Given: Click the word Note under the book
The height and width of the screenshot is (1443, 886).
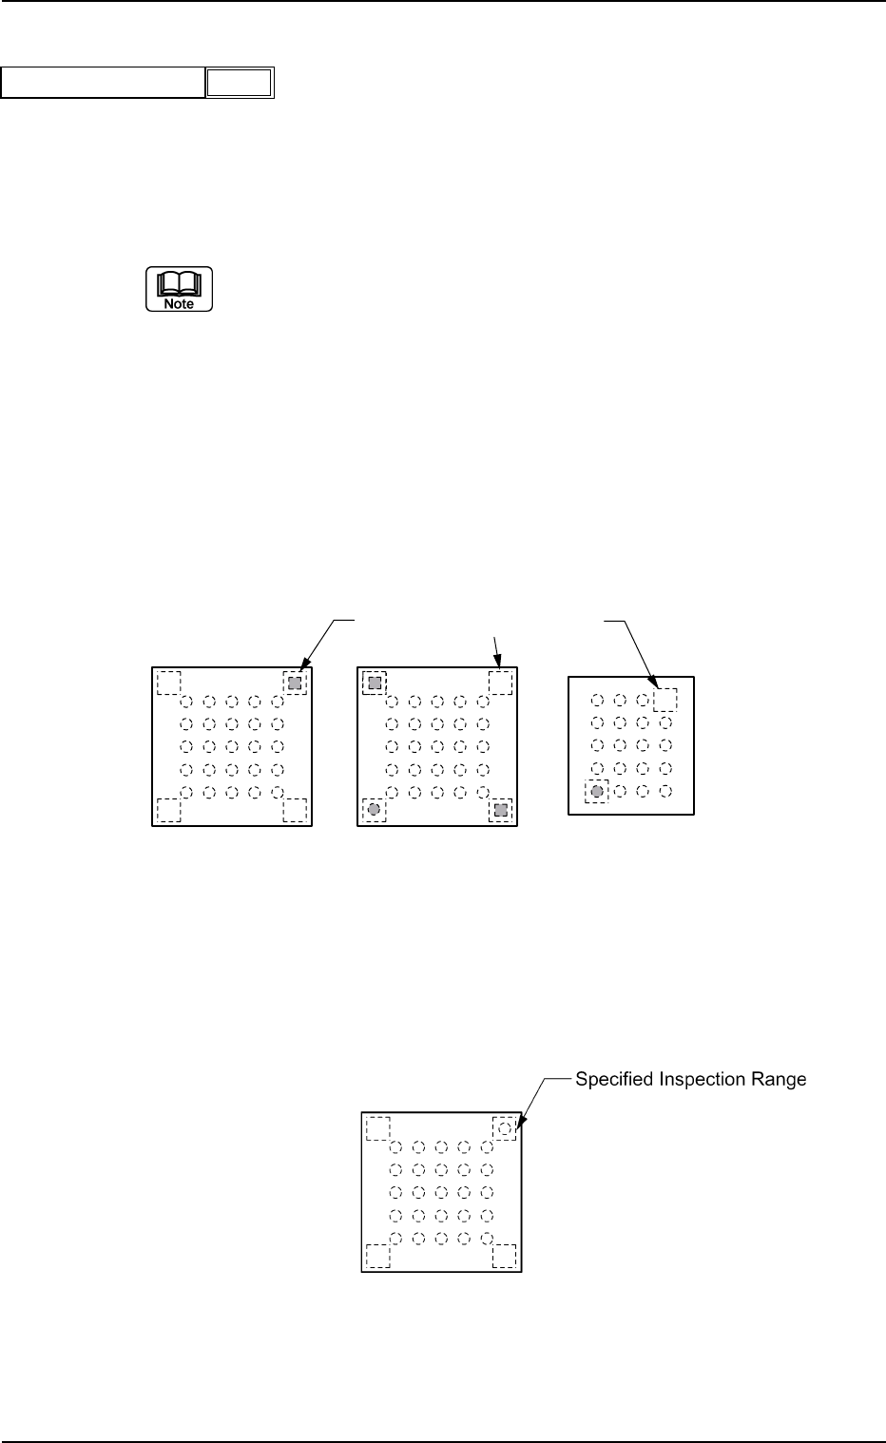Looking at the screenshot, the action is (179, 303).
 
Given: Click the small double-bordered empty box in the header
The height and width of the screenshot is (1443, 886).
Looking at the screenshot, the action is (240, 84).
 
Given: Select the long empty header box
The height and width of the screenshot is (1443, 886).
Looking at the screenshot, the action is (104, 84).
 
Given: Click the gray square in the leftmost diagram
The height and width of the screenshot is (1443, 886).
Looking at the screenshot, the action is (295, 683).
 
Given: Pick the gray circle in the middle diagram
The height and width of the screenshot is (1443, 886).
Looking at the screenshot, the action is (374, 809).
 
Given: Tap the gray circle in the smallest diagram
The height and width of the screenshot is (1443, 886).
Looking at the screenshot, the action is (597, 791).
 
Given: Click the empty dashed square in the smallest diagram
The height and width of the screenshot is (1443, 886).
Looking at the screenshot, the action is (665, 700).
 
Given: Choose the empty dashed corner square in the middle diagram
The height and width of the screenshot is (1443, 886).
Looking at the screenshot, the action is (500, 683).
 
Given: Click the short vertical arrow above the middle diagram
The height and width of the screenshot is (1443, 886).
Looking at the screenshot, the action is (497, 654).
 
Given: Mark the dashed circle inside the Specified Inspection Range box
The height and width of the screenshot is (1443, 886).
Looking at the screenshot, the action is (505, 1128).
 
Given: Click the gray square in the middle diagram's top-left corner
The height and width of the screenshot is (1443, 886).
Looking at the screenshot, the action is (375, 683).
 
